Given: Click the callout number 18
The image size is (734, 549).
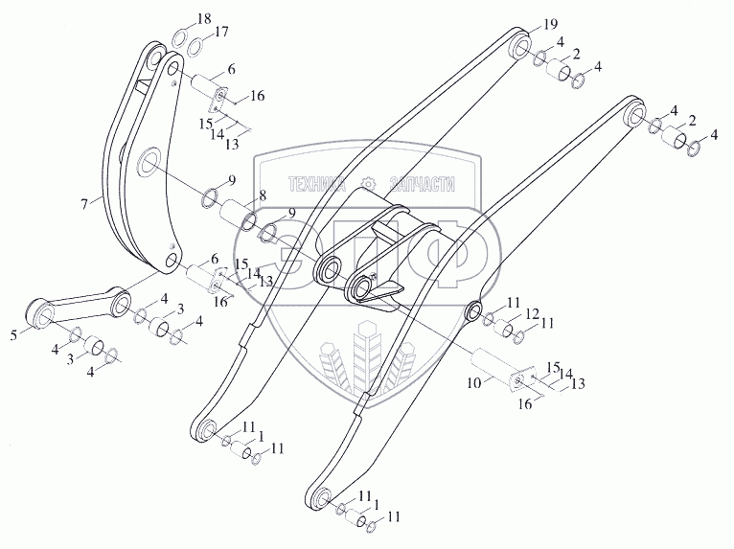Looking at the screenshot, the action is pos(204,20).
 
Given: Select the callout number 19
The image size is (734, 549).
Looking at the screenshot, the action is pos(550,24).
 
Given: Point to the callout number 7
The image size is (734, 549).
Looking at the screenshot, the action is pos(84,204).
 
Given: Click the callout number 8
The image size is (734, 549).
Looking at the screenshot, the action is pos(263,195).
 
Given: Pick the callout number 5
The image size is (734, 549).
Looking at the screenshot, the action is pos(14,335).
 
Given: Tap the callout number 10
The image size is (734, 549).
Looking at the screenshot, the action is pos(473,383).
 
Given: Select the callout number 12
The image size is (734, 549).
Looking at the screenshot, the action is pos(532,313).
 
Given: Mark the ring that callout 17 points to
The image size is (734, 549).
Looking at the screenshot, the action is pos(195,46).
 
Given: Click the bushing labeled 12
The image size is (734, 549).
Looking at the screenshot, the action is pos(504,328).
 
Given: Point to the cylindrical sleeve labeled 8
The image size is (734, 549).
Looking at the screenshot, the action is pos(238,215).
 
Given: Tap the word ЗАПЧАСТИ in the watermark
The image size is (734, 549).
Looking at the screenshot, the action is pos(422,184).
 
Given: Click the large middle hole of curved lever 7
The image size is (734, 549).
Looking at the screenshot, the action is pos(149,163).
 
